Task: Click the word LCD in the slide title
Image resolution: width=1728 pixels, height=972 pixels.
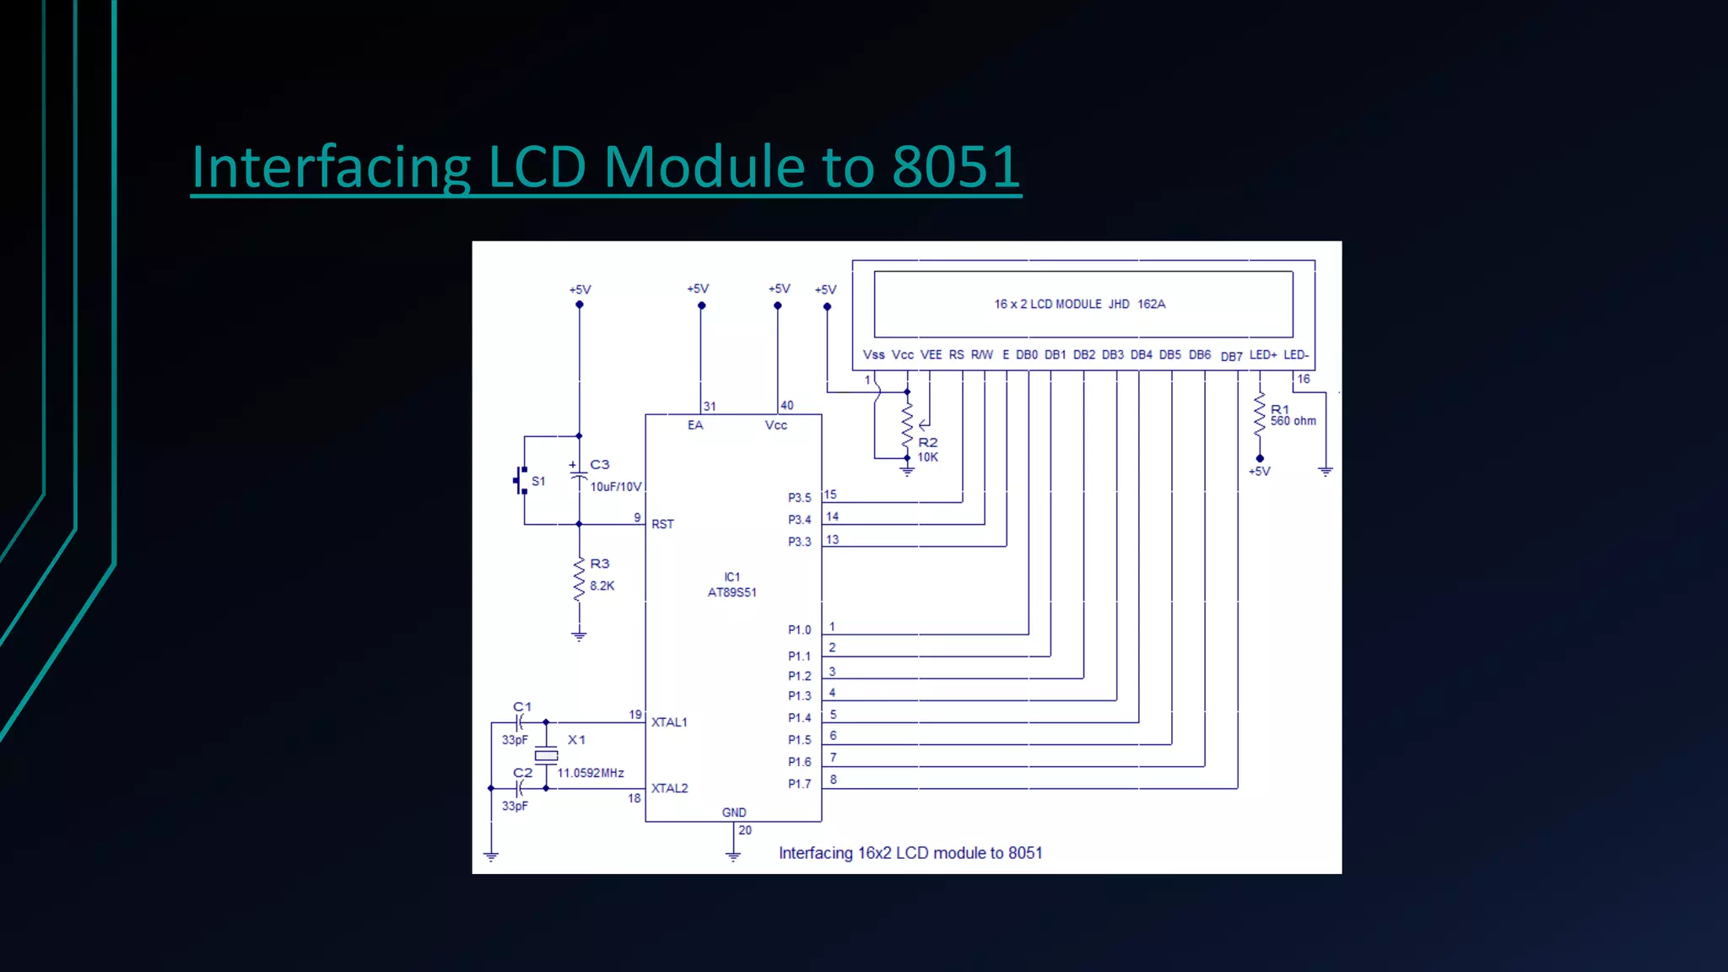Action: coord(537,166)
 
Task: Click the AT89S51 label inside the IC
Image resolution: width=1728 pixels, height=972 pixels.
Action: coord(732,592)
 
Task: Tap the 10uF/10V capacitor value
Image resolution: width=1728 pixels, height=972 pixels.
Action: coord(615,487)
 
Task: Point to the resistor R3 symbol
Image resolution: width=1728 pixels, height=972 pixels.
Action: coord(579,579)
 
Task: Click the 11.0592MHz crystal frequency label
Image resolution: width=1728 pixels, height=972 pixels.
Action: coord(591,773)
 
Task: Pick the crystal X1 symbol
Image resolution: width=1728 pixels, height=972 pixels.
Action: coord(547,755)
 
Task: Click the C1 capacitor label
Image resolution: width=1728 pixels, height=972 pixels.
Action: coord(522,707)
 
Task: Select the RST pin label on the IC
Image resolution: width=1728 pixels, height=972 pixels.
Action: coord(662,524)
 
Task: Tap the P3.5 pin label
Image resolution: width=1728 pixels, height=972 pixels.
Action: coord(799,498)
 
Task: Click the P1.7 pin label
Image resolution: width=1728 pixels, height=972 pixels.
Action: coord(799,784)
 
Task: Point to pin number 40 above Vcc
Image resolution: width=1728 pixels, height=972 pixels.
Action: coord(786,406)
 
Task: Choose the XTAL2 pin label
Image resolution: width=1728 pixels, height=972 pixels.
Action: coord(669,788)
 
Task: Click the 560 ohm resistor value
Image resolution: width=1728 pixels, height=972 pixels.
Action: coord(1293,421)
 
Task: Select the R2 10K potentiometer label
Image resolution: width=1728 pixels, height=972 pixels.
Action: coord(927,450)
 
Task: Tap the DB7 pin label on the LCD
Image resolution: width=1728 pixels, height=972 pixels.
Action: coord(1231,357)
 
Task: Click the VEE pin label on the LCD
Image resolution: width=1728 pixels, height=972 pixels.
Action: coord(931,355)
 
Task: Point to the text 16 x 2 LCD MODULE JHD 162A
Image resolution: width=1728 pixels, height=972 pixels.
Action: coord(1079,304)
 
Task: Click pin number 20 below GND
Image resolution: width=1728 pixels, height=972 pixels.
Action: coord(745,830)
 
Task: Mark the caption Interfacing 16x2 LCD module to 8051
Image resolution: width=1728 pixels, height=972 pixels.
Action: coord(910,853)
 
